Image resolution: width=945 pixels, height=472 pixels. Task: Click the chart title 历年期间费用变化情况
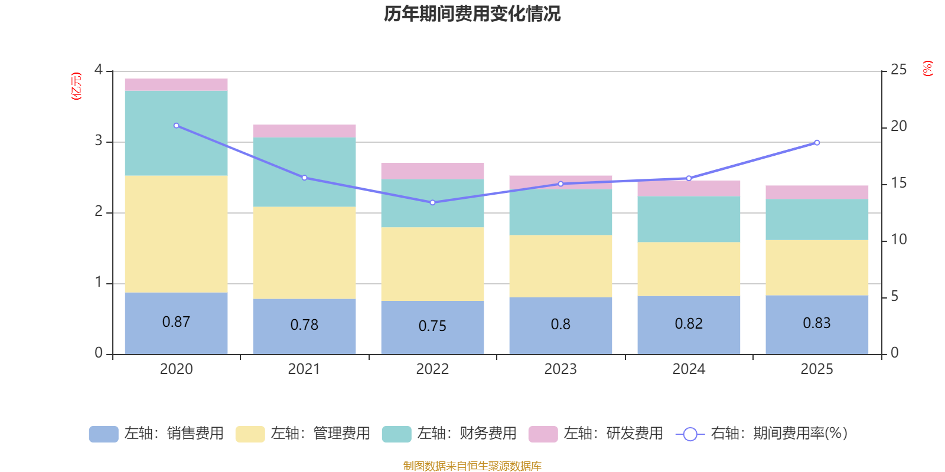click(x=472, y=14)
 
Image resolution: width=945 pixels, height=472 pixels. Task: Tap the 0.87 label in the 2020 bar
click(x=176, y=322)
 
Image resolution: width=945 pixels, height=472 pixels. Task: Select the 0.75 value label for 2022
click(x=432, y=326)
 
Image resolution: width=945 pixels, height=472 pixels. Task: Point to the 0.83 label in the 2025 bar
click(x=817, y=323)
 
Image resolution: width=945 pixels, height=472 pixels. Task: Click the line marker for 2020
click(x=176, y=126)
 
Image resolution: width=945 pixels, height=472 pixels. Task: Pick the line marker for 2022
click(x=432, y=202)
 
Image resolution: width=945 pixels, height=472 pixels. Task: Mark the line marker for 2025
click(x=817, y=142)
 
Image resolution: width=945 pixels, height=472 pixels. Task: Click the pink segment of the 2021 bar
click(x=304, y=131)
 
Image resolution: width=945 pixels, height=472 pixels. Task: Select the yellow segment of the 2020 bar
click(x=176, y=234)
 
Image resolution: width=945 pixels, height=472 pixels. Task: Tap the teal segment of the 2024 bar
click(x=689, y=219)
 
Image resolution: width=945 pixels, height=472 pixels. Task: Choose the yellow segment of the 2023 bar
click(x=561, y=266)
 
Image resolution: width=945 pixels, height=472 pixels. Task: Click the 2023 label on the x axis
click(x=561, y=369)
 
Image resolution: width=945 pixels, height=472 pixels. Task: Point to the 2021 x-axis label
click(x=304, y=369)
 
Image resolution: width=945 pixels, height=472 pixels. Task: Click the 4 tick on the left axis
click(x=99, y=70)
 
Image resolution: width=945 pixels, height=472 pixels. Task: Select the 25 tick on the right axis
click(x=898, y=70)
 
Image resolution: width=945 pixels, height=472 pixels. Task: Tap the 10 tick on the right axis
click(x=898, y=240)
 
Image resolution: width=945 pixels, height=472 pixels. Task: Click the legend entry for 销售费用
click(x=157, y=434)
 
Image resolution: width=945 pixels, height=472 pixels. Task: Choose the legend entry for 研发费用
click(x=596, y=434)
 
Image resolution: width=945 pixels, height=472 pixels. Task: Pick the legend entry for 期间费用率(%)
click(x=762, y=434)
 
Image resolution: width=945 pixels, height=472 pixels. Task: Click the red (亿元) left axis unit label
click(x=76, y=86)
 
